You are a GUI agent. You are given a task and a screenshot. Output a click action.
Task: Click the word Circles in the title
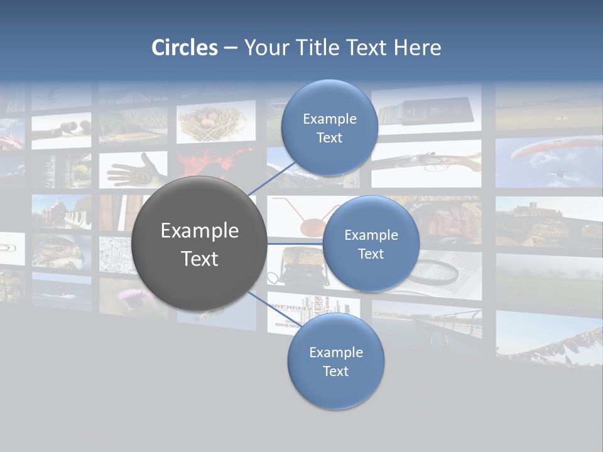184,48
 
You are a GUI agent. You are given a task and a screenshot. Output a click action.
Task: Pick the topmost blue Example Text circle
329,127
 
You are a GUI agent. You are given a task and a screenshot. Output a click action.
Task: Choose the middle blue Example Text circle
371,244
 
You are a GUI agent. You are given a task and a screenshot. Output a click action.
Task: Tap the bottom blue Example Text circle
335,361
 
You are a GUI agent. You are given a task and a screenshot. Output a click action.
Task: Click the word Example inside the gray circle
199,231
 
